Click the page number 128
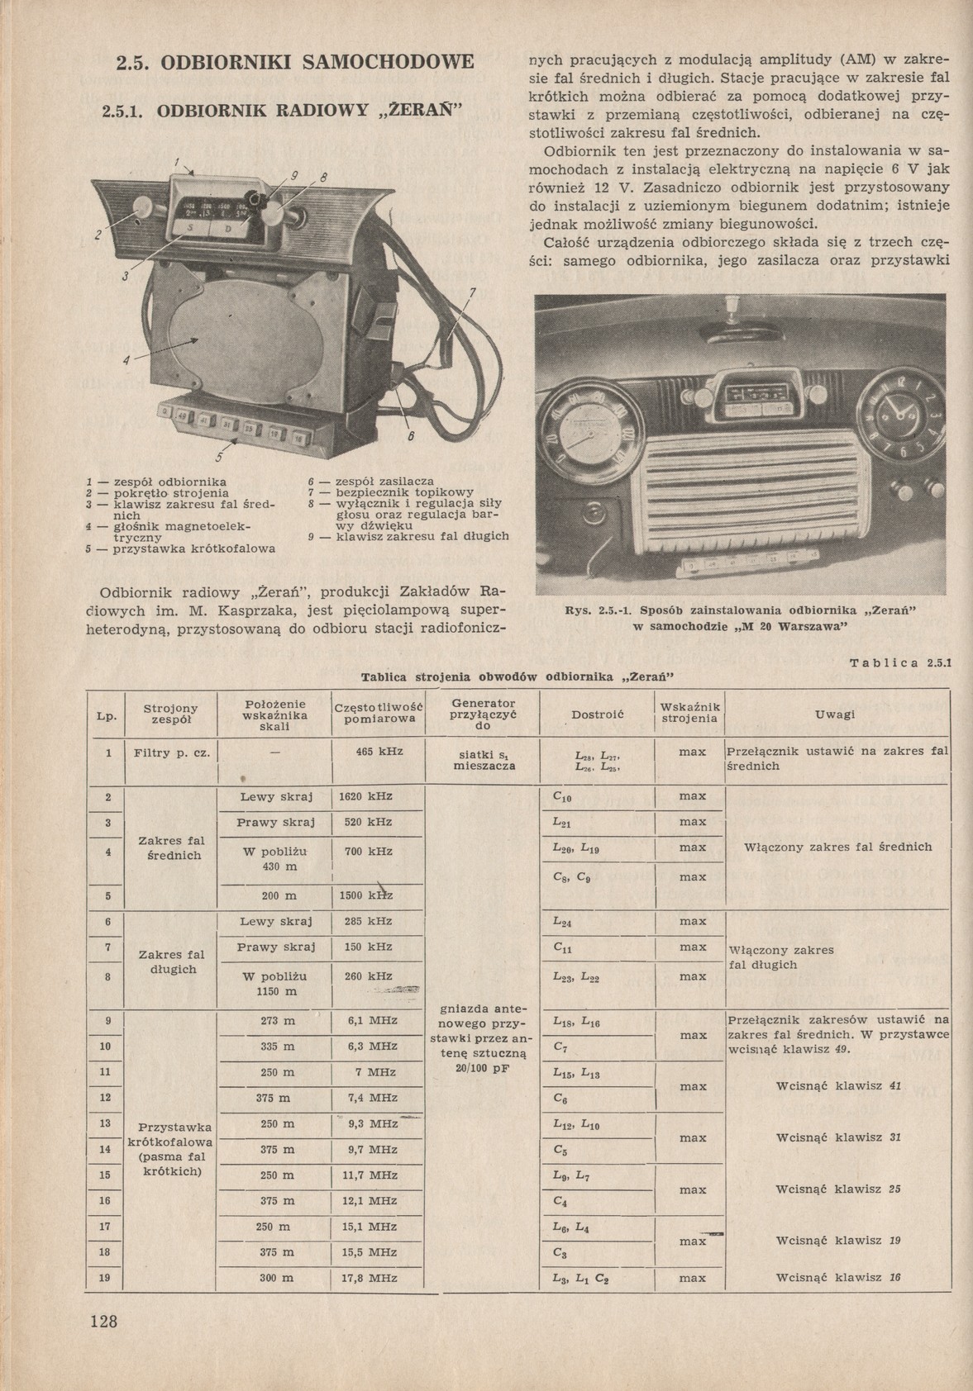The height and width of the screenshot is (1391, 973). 104,1321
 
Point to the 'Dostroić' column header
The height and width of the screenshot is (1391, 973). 597,714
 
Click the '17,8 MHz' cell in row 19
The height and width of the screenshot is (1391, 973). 370,1277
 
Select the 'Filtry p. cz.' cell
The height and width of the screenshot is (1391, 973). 169,752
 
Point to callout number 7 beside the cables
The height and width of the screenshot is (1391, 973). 472,292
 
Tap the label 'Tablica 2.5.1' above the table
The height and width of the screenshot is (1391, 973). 900,662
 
